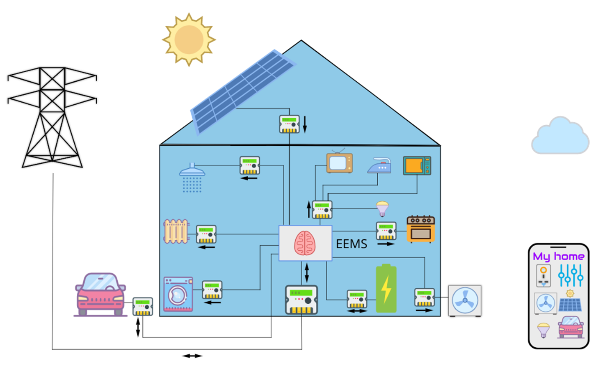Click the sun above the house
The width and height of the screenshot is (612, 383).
[x=189, y=39]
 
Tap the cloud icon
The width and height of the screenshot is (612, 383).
[x=560, y=136]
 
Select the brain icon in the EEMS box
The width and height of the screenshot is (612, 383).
[x=305, y=243]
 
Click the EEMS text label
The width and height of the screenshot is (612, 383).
[x=351, y=244]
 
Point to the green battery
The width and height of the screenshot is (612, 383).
[x=386, y=289]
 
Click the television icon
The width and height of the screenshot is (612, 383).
[x=339, y=162]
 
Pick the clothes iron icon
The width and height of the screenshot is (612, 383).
[x=379, y=165]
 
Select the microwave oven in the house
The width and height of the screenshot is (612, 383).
[x=417, y=165]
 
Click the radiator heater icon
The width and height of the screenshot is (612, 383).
[x=176, y=232]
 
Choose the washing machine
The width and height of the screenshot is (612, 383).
[x=178, y=294]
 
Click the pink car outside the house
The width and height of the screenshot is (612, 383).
[x=100, y=295]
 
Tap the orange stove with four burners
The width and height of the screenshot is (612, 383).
[x=420, y=229]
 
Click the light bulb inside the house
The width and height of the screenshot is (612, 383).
[x=382, y=209]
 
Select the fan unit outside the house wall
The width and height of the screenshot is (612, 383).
[x=465, y=300]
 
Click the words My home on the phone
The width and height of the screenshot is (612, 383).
[x=558, y=257]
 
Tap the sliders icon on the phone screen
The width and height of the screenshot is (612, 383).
[x=571, y=275]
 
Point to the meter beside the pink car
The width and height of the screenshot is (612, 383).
[x=142, y=307]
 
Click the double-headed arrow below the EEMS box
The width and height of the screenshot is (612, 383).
[x=306, y=273]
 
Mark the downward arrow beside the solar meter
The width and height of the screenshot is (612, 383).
[x=305, y=124]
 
